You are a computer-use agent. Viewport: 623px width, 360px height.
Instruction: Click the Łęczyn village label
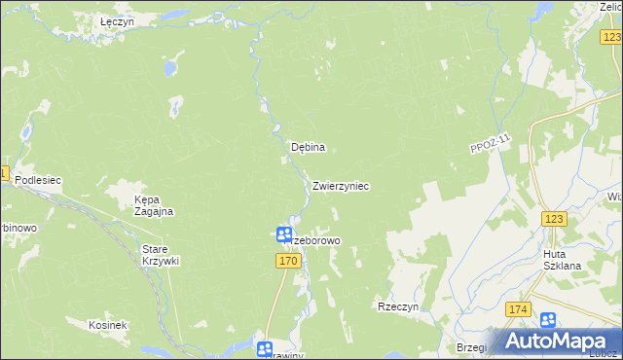117,20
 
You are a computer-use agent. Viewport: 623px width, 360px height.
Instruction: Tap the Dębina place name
308,148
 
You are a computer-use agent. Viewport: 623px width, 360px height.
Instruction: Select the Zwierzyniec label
341,185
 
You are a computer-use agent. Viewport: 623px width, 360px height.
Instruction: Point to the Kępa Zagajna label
153,205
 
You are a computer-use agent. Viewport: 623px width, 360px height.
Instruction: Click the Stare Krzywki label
161,255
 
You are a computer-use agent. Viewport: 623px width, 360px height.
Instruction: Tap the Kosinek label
107,325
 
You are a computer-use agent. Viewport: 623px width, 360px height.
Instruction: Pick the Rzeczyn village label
397,306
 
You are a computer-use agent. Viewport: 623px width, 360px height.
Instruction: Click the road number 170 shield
287,261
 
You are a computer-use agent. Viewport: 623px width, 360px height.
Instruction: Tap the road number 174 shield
518,309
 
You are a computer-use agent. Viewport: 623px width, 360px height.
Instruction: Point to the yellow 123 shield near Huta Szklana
555,220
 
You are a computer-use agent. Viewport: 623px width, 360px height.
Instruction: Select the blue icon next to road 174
548,319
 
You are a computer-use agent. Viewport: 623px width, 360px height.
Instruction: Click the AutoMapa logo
559,341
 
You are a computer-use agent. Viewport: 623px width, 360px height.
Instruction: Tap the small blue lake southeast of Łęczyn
169,68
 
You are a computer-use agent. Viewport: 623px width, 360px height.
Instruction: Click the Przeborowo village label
313,239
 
